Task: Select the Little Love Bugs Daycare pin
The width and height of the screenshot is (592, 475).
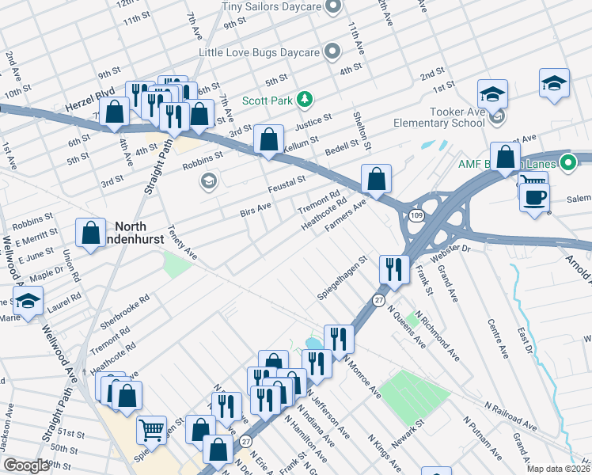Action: [x=332, y=52]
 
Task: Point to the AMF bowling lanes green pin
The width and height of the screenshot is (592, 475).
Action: [x=567, y=164]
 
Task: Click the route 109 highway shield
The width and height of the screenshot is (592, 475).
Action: [x=416, y=215]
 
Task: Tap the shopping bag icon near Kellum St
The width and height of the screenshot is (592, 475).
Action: [x=269, y=140]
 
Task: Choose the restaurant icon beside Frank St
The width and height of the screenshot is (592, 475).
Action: [x=393, y=269]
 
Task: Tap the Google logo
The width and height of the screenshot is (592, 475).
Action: [x=25, y=465]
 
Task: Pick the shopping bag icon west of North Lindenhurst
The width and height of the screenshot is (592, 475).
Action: [x=90, y=233]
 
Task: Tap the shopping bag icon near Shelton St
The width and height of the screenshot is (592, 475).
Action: [x=377, y=179]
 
